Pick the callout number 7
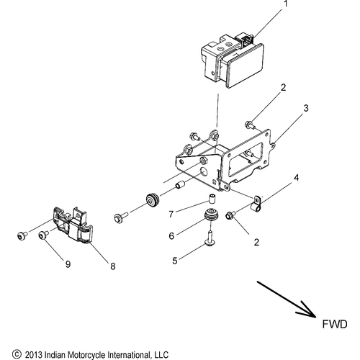tap(172, 214)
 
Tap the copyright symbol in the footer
tap(7, 354)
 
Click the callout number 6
tap(172, 234)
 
